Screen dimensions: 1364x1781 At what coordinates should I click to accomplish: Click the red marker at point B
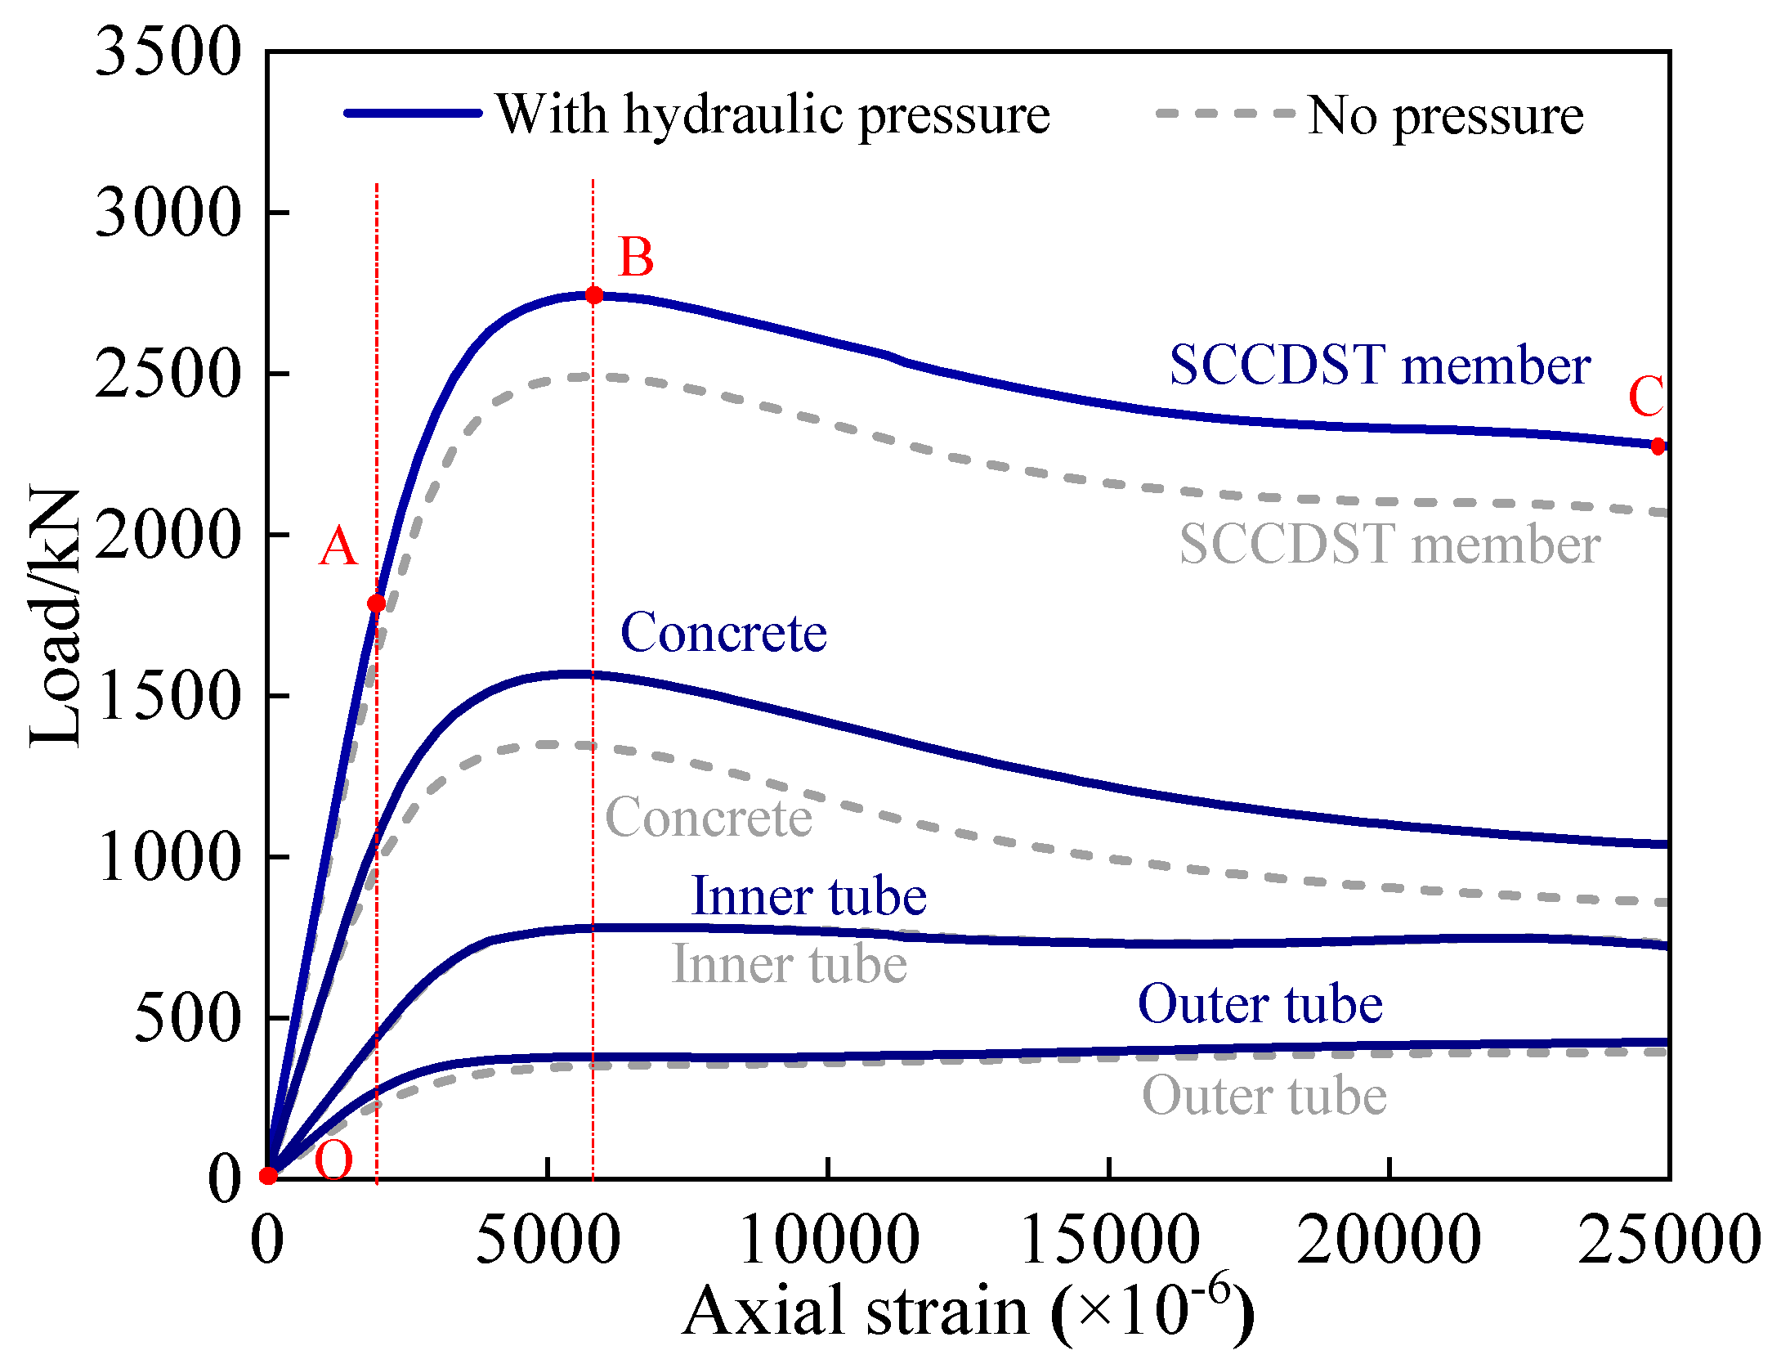(594, 295)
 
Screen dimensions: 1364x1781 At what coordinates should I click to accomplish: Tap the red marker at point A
(376, 603)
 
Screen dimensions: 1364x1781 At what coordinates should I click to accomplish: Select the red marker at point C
(1658, 446)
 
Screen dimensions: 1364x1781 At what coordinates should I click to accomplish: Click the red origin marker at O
(268, 1176)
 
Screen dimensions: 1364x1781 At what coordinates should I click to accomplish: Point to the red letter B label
(636, 258)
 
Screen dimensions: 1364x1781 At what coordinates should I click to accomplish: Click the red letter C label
(1645, 397)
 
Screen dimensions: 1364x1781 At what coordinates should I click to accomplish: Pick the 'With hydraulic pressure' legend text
(772, 114)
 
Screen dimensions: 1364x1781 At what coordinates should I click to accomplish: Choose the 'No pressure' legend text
(1445, 115)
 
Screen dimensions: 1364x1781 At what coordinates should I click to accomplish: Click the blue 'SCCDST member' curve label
(1380, 365)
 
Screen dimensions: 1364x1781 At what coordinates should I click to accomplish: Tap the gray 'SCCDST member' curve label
(1389, 545)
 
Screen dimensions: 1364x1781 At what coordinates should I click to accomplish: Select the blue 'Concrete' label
(723, 633)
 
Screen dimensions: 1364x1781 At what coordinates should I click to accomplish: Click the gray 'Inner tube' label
(789, 964)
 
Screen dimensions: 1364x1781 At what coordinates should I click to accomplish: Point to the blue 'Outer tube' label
(1260, 1004)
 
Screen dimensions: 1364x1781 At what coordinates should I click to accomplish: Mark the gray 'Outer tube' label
(1264, 1096)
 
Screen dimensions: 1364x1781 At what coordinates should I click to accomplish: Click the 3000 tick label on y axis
(168, 213)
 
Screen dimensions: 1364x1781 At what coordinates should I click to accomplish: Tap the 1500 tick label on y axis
(168, 696)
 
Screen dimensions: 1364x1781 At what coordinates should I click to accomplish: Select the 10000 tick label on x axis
(829, 1239)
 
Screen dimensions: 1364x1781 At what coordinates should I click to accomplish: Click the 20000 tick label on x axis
(1389, 1239)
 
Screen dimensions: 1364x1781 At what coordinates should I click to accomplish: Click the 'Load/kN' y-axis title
(55, 617)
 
